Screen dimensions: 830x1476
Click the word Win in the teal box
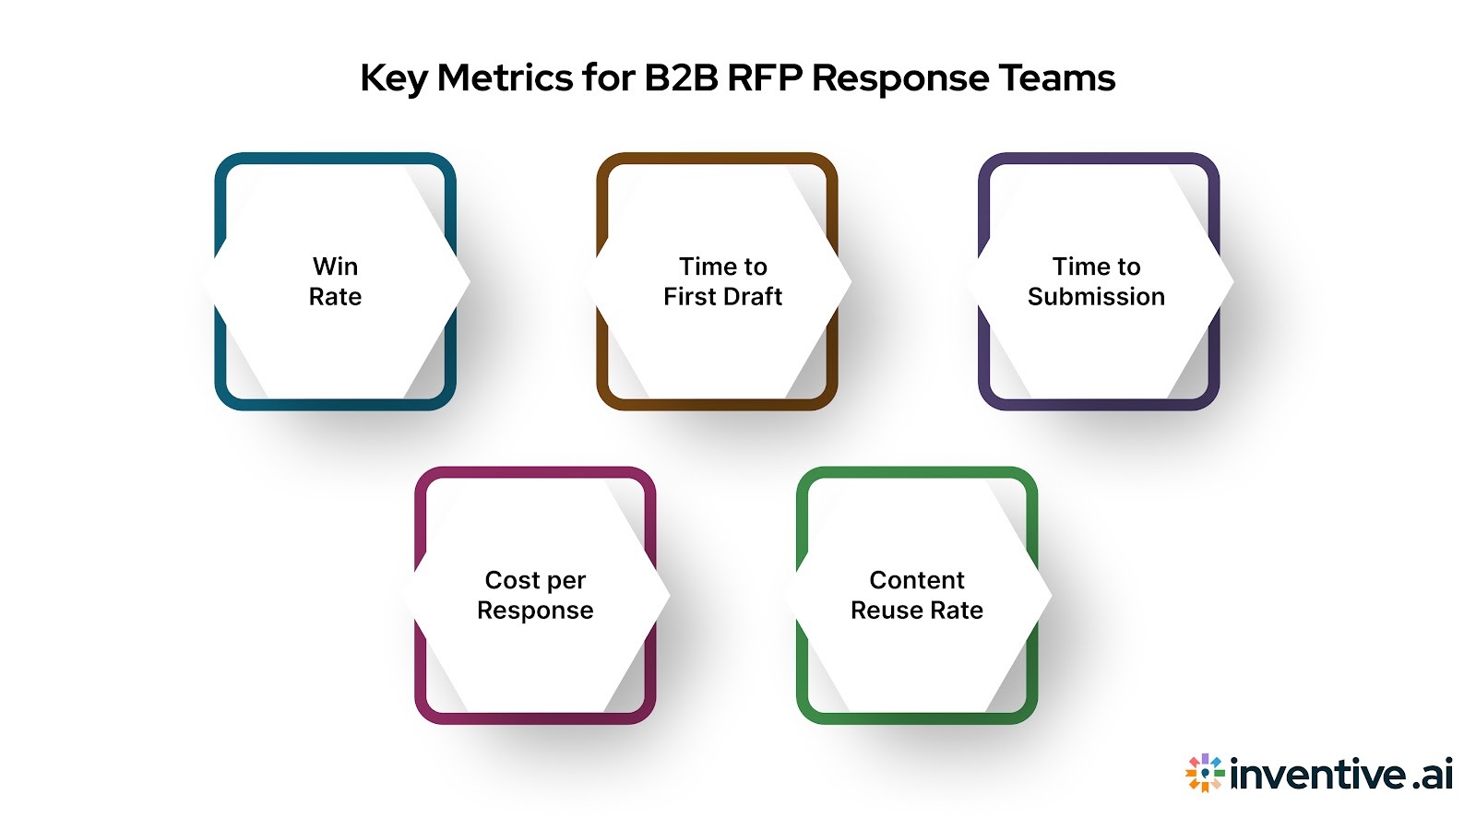pos(335,267)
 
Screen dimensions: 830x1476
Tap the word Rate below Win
pos(335,297)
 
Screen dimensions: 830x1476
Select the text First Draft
pos(722,297)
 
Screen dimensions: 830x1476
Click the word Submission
pos(1096,297)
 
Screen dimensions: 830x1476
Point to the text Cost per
pos(535,580)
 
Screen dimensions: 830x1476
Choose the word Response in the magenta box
pos(535,611)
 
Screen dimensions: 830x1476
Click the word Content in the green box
pos(916,580)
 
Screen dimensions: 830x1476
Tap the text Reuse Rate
pos(916,611)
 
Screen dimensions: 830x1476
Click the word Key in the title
pos(393,78)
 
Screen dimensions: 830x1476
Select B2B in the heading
pos(681,78)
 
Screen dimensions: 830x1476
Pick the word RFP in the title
pos(765,78)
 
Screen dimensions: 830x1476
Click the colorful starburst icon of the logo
pos(1205,773)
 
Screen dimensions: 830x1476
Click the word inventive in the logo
pos(1318,774)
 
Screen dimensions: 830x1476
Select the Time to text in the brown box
pos(722,267)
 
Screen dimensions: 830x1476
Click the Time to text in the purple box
pos(1096,267)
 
